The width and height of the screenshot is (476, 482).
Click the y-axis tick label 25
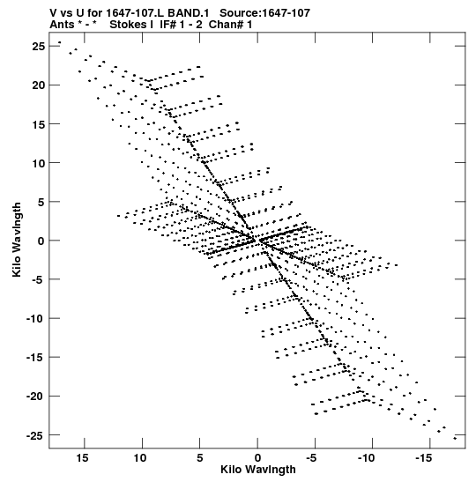38,47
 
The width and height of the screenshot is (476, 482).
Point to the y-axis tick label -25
35,435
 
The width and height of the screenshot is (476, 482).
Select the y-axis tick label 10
38,163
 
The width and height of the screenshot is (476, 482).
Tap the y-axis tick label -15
35,358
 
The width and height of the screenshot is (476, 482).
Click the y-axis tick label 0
41,241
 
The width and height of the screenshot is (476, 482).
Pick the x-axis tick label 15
82,458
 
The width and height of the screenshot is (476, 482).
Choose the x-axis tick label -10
366,458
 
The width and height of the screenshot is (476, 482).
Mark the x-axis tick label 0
257,458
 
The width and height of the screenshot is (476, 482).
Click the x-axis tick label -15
424,458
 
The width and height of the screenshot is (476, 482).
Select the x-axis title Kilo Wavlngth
258,470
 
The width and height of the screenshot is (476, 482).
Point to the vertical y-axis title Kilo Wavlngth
17,240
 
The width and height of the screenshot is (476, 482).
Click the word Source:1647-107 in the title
264,13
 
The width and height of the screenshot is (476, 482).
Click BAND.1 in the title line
188,13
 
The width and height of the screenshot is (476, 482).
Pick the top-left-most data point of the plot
60,42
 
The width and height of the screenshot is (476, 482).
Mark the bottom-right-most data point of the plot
455,438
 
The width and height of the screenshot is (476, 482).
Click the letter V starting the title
54,13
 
